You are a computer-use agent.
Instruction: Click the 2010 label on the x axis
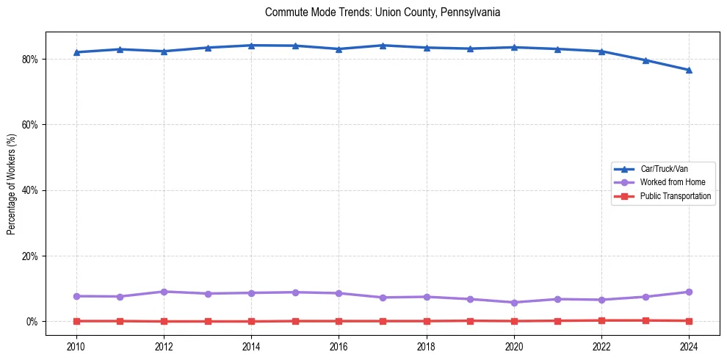click(x=76, y=346)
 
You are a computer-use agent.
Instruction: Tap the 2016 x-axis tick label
click(x=339, y=346)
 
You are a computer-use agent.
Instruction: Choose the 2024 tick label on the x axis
click(x=689, y=346)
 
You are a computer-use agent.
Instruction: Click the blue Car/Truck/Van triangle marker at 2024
click(x=689, y=70)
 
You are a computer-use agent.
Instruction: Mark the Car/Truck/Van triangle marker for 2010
click(x=76, y=52)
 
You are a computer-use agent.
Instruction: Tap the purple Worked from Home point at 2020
click(x=514, y=303)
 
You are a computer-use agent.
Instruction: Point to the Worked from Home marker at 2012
click(x=164, y=292)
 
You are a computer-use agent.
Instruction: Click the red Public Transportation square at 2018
click(x=427, y=321)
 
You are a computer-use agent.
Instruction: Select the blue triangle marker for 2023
click(x=645, y=60)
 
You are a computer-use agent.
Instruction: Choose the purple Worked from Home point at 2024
click(x=689, y=292)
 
